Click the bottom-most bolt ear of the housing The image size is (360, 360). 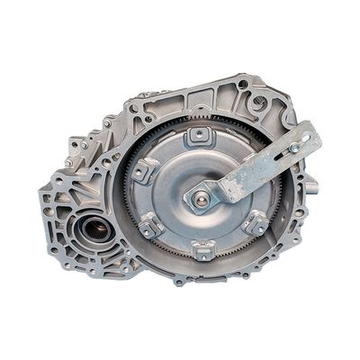tap(180, 281)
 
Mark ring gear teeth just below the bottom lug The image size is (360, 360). tap(203, 267)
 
